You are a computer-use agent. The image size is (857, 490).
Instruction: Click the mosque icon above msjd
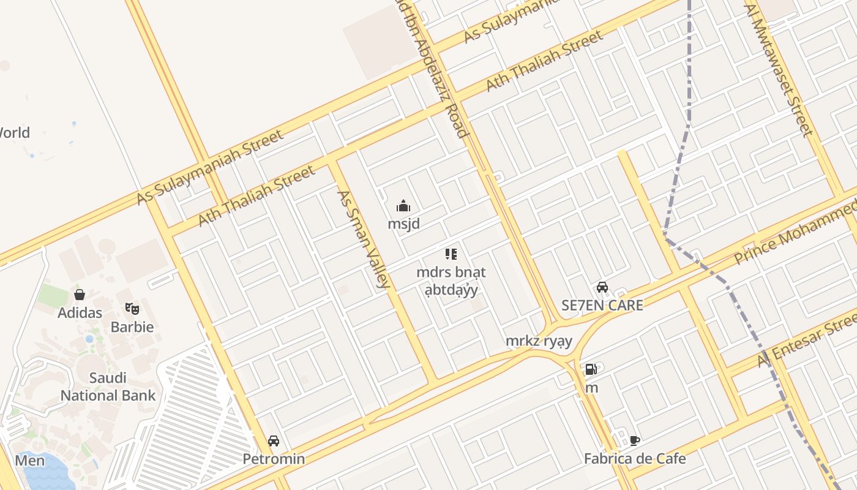(x=403, y=205)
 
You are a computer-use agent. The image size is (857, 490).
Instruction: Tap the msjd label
(x=403, y=224)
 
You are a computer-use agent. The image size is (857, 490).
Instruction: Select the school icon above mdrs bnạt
(x=451, y=254)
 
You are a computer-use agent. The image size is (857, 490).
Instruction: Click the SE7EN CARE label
(x=602, y=305)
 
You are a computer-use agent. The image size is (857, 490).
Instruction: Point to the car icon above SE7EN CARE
(x=602, y=287)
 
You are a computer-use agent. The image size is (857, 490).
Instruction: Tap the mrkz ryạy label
(x=539, y=341)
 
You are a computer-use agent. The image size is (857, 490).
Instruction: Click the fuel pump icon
(x=591, y=369)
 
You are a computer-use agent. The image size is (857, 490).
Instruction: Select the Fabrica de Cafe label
(x=634, y=458)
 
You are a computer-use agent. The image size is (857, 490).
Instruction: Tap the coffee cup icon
(x=635, y=440)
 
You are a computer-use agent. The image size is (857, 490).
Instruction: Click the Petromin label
(x=274, y=459)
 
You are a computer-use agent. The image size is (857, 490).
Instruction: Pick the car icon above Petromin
(x=274, y=441)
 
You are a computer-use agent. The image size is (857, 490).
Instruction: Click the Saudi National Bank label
(x=108, y=386)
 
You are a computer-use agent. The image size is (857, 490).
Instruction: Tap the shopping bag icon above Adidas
(x=80, y=295)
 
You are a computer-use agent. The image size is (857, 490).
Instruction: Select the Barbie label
(x=132, y=326)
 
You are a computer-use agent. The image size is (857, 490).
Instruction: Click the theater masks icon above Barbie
(x=132, y=308)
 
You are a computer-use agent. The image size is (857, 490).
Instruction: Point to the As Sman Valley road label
(x=364, y=239)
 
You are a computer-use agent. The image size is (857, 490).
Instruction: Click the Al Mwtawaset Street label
(x=779, y=70)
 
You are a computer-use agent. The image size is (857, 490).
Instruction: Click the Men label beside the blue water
(x=29, y=461)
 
